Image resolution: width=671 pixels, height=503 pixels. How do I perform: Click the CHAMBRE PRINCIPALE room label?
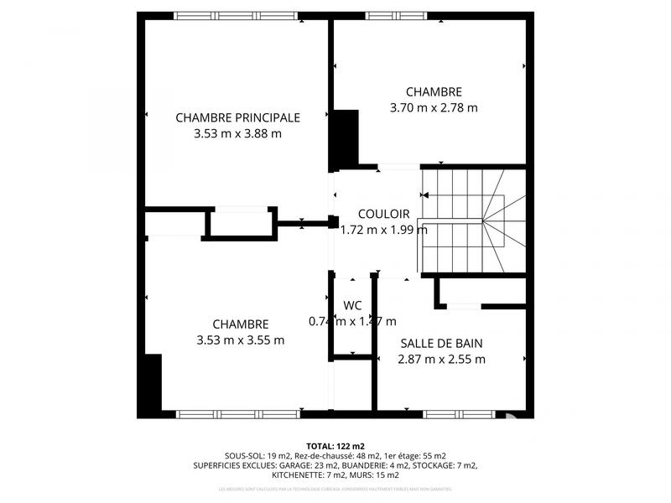[x=237, y=117]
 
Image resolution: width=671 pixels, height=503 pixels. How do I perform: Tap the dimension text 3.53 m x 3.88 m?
[x=237, y=133]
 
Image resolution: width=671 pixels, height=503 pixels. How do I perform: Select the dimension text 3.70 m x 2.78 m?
[x=434, y=107]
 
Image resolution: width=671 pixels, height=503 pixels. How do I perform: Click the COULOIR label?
[x=383, y=214]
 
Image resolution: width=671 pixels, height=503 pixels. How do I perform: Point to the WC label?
[x=352, y=305]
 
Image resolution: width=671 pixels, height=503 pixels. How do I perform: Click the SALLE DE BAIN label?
[x=441, y=344]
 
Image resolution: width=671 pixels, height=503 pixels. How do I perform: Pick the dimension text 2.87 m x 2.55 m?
[x=441, y=360]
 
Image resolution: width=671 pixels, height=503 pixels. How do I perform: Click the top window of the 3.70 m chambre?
[x=396, y=15]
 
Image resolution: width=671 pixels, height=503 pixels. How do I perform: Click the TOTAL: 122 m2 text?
[x=335, y=446]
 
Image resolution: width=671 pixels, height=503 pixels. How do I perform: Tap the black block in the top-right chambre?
[x=345, y=139]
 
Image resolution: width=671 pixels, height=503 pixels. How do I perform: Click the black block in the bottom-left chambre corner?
[x=152, y=385]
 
